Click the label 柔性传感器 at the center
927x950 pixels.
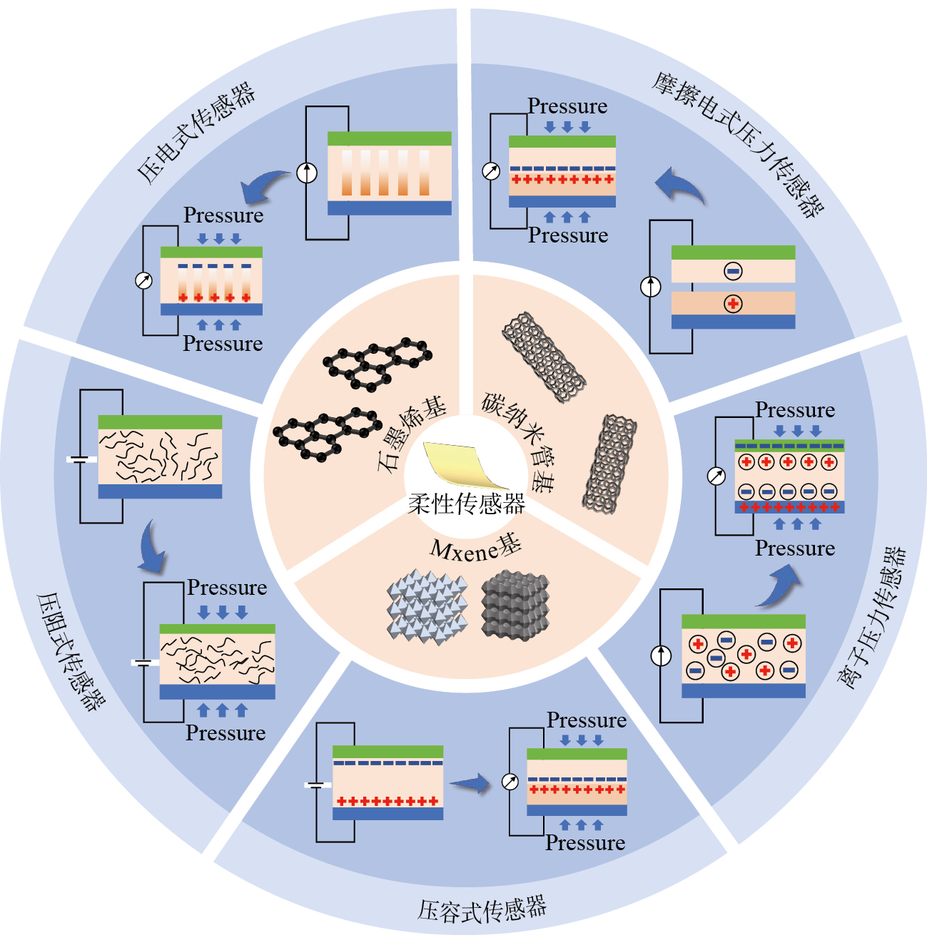click(466, 504)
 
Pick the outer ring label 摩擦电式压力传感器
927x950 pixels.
click(739, 143)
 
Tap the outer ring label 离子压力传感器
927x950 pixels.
click(872, 618)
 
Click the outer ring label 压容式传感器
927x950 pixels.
click(482, 910)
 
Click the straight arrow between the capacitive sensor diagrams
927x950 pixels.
click(470, 785)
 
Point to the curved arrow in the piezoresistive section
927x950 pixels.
click(152, 548)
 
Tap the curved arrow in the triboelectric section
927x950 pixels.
click(679, 185)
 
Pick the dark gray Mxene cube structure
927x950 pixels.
click(515, 605)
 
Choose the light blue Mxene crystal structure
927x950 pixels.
click(427, 606)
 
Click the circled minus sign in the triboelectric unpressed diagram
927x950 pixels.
click(733, 271)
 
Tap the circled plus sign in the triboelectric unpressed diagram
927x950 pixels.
click(733, 304)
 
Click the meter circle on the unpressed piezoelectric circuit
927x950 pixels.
click(307, 173)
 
